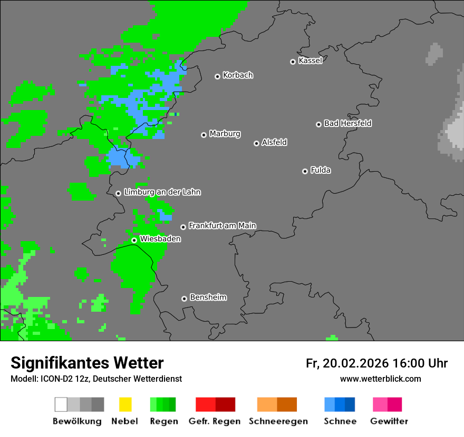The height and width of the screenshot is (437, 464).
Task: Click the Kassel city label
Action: [x=310, y=61]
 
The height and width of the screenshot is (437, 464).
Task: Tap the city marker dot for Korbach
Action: [x=217, y=76]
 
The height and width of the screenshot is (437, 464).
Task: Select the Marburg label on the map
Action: [x=225, y=134]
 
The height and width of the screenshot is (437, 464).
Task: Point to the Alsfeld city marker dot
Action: [x=256, y=143]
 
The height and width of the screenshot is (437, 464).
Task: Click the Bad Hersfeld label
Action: [x=347, y=123]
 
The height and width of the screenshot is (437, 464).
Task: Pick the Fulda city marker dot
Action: [x=305, y=171]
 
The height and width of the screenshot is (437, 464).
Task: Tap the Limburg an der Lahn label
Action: [x=162, y=192]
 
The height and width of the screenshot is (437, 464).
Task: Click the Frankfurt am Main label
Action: [x=222, y=225]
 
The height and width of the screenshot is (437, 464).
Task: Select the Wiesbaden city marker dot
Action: [x=134, y=240]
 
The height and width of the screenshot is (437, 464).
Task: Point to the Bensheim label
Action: [x=208, y=297]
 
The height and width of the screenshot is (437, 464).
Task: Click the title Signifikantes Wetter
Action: [x=87, y=363]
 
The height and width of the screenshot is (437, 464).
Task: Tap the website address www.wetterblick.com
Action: [x=380, y=379]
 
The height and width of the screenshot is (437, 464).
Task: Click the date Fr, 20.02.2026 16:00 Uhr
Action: [x=376, y=363]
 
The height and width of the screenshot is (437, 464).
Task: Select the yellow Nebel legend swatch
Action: [x=125, y=404]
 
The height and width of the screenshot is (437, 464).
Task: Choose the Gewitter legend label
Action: [x=389, y=421]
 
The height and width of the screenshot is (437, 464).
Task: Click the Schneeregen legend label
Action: [x=276, y=421]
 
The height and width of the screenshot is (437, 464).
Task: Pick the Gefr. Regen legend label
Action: [x=215, y=421]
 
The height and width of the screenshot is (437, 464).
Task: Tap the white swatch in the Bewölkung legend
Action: [x=61, y=404]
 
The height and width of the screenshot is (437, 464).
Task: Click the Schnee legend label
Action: [x=340, y=421]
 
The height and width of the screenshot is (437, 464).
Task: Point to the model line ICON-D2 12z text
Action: [x=96, y=379]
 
